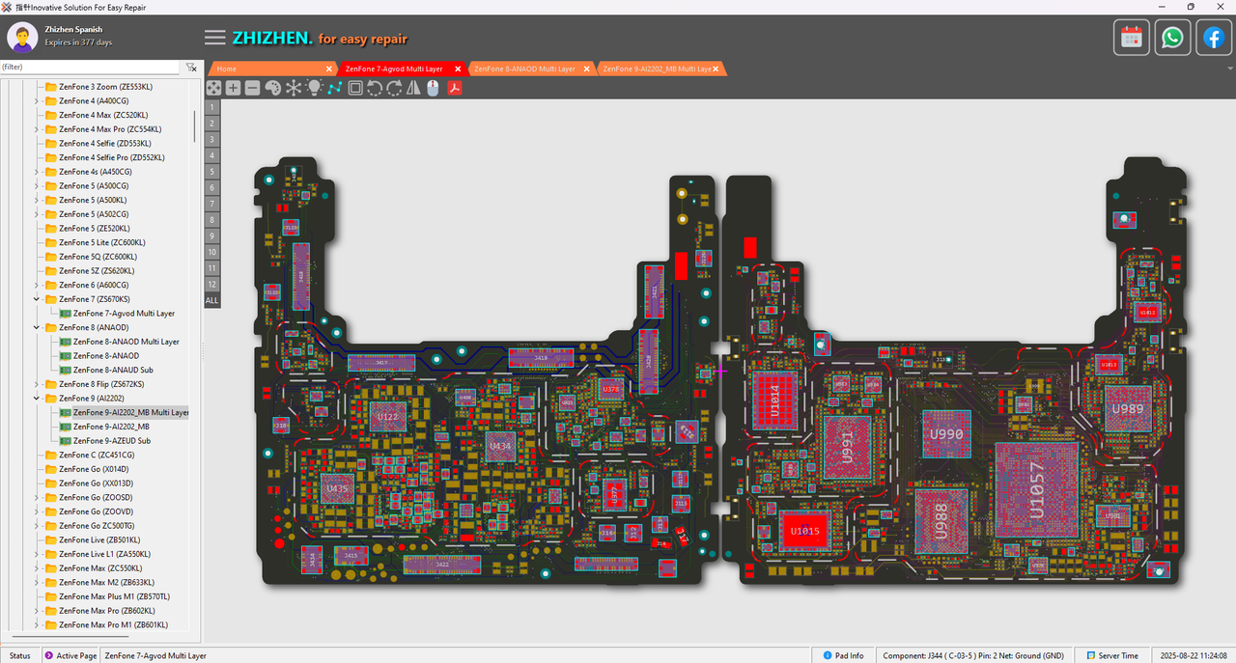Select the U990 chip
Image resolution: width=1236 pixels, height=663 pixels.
(x=946, y=435)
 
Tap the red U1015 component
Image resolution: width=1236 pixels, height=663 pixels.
(x=804, y=531)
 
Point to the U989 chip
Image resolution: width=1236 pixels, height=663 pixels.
(x=1126, y=408)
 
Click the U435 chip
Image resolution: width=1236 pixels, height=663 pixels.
(x=337, y=489)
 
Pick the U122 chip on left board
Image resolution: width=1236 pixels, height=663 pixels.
(x=388, y=417)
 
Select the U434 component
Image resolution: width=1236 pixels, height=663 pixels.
(x=500, y=446)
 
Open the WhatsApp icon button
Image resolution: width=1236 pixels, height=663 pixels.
(x=1172, y=38)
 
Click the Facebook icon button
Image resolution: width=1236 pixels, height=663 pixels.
(x=1213, y=38)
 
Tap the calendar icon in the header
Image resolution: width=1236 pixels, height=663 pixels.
(x=1132, y=38)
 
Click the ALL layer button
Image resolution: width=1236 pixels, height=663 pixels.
(x=211, y=300)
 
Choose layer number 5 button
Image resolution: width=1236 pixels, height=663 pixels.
(x=211, y=172)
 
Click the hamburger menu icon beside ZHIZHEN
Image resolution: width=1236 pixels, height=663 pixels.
(x=214, y=38)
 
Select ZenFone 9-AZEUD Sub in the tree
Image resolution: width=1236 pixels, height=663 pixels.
(x=112, y=441)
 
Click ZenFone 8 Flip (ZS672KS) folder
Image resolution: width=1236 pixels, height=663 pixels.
(x=100, y=384)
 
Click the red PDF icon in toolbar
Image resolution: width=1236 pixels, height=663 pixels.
(x=454, y=88)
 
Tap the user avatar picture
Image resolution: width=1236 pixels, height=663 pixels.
(x=22, y=37)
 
